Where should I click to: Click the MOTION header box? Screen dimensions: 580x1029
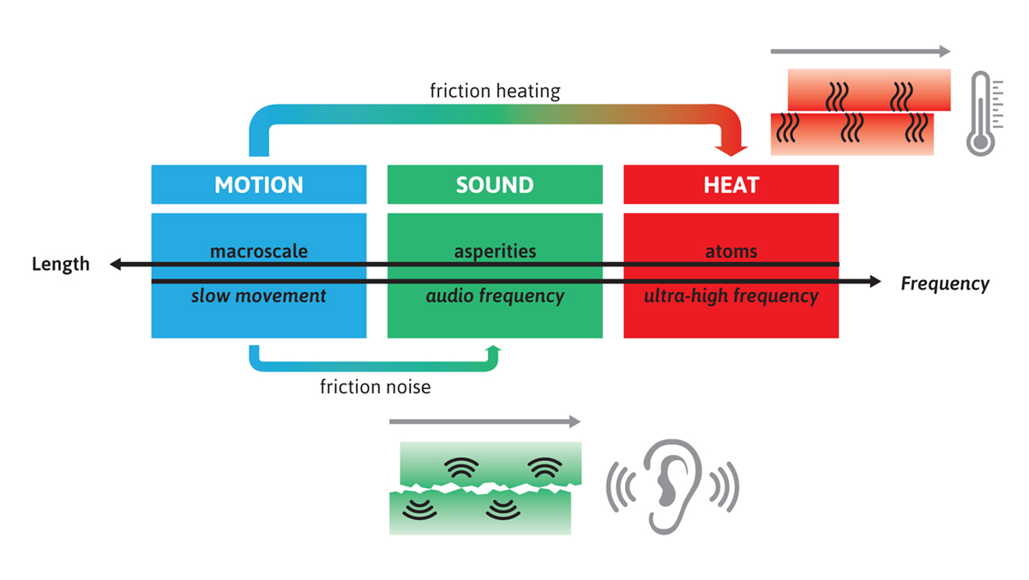[x=258, y=184]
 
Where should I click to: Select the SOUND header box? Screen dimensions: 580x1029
[x=495, y=184]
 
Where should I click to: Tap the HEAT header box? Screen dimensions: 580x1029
[x=731, y=184]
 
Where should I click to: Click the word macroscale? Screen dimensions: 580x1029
[x=258, y=251]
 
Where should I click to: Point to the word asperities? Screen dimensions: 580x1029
[x=495, y=251]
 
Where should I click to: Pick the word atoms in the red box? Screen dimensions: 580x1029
[x=731, y=251]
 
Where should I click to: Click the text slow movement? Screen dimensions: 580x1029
[x=258, y=296]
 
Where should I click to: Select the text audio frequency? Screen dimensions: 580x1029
[x=495, y=296]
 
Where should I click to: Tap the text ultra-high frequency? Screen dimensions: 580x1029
[x=731, y=296]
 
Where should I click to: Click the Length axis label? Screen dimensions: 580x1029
[x=60, y=264]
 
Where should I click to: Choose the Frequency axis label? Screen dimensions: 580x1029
[x=944, y=284]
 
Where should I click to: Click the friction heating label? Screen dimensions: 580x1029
[x=495, y=90]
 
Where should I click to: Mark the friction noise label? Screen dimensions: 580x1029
[x=375, y=387]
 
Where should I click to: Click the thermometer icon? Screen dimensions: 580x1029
[x=981, y=114]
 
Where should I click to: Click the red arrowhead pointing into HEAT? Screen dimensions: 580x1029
[x=726, y=147]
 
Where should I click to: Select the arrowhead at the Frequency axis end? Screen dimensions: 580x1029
[x=875, y=281]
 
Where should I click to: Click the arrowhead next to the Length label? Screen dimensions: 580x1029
[x=116, y=265]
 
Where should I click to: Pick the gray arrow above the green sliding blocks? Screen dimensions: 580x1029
[x=484, y=422]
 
